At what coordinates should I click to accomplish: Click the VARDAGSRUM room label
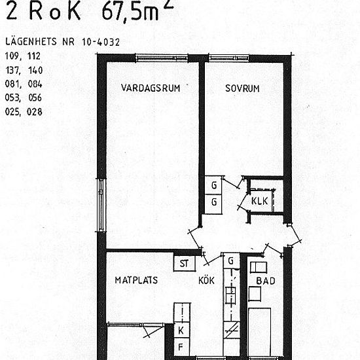(x=150, y=88)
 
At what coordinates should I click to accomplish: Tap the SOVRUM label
(x=243, y=88)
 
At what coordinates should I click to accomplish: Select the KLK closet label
(x=259, y=202)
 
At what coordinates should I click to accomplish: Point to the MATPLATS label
(x=136, y=280)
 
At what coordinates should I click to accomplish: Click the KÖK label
(x=207, y=280)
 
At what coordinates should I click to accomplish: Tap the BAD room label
(x=266, y=280)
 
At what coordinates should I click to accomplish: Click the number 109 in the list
(x=12, y=55)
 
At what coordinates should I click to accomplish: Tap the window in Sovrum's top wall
(x=245, y=59)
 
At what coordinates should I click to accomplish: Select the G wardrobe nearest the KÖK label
(x=230, y=261)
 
